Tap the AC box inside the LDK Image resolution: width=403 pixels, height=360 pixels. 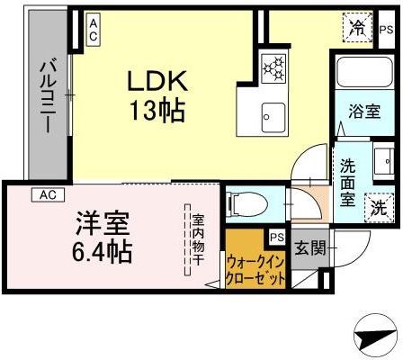(x=94, y=28)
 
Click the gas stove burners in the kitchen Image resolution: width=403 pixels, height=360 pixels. (x=272, y=67)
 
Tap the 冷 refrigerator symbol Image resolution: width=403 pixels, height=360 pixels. (x=357, y=28)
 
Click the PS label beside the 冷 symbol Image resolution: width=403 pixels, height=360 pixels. (x=385, y=30)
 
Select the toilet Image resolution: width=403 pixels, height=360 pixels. (x=246, y=205)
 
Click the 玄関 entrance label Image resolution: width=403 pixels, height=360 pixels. (x=307, y=245)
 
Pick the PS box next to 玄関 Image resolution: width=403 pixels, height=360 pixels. (x=276, y=238)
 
